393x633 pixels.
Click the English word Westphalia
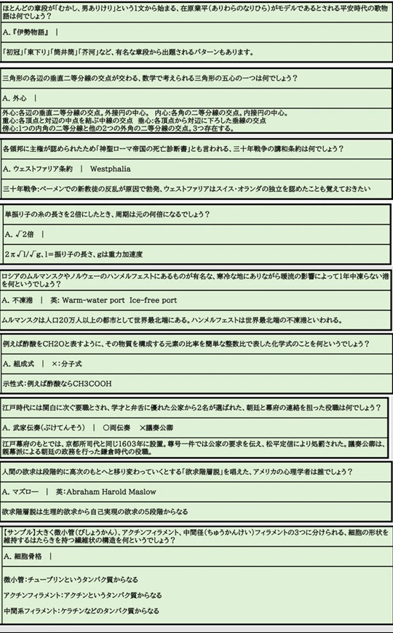pos(110,169)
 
